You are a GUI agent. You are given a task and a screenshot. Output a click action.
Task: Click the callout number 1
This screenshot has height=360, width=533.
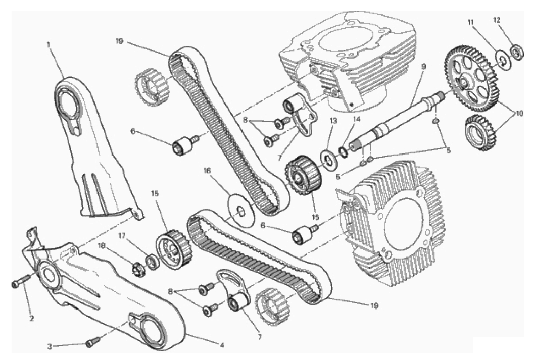coord(49,44)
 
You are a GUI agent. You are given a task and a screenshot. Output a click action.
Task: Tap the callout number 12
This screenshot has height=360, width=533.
coord(497,20)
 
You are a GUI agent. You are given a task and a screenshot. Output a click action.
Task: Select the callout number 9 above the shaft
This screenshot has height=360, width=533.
coord(423,67)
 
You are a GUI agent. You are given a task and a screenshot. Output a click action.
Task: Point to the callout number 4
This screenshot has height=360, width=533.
coord(222,345)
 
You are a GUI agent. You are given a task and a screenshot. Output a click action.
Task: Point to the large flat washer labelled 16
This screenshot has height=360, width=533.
coord(240,211)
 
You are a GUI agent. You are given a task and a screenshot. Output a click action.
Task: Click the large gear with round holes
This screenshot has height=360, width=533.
coord(471,79)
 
